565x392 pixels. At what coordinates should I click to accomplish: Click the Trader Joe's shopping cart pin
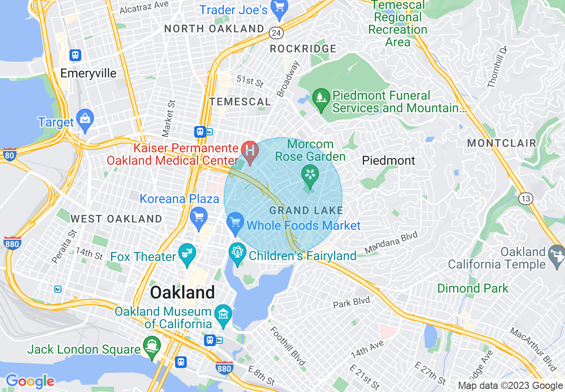click(279, 8)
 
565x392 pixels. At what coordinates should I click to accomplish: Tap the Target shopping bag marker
click(85, 119)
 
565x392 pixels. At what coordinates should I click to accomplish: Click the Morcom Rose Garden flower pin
click(310, 174)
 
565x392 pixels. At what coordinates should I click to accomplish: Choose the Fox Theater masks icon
click(187, 254)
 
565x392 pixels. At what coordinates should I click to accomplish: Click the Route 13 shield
click(526, 199)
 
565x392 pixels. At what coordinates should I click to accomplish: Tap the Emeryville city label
click(88, 73)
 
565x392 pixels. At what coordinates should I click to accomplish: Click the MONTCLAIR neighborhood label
click(501, 143)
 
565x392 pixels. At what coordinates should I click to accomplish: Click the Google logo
click(30, 381)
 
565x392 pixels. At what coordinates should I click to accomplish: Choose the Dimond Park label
click(472, 288)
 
